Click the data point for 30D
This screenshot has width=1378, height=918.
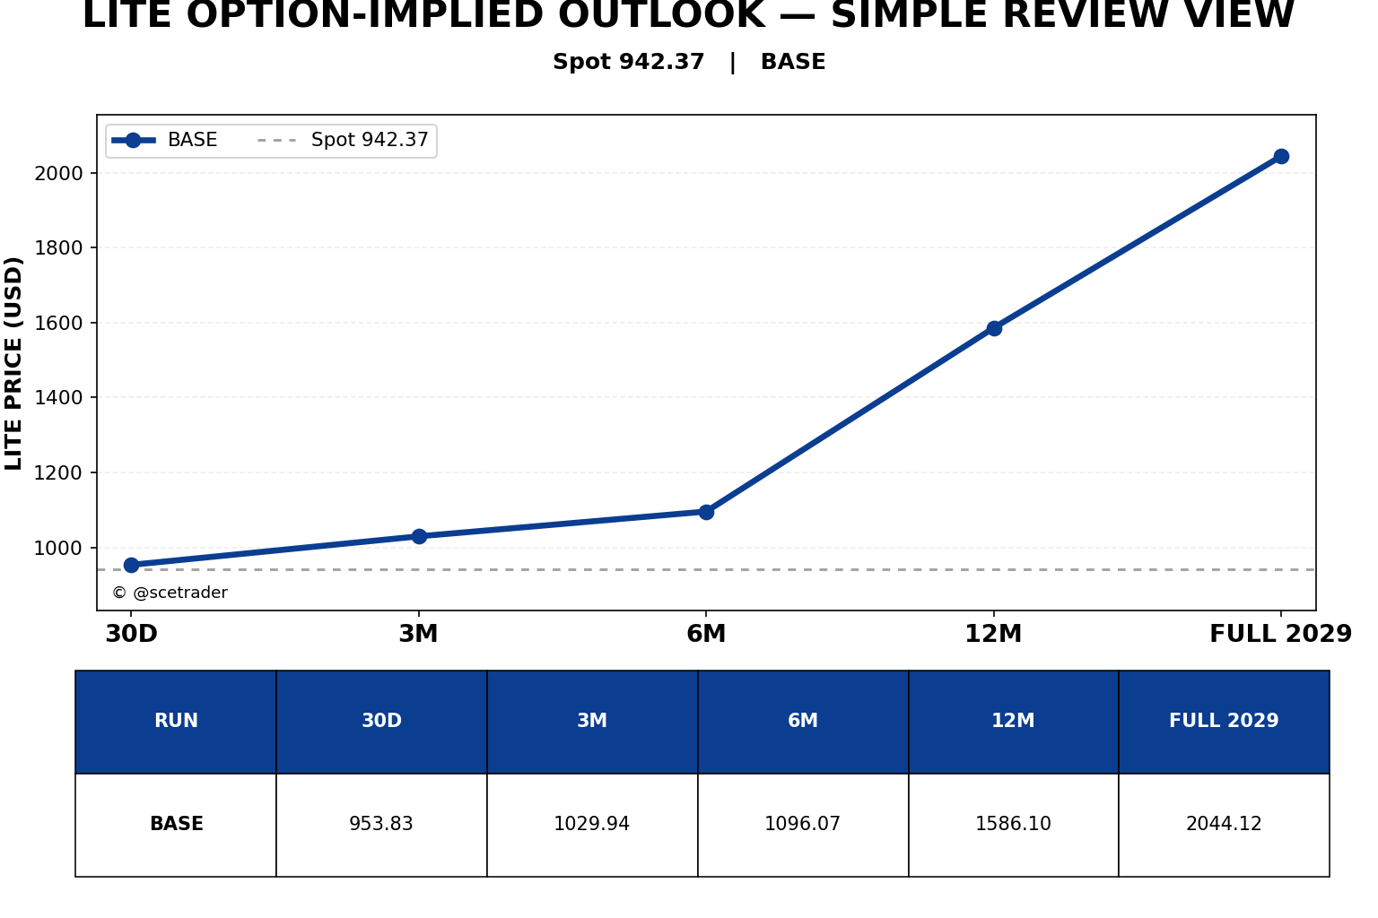131,565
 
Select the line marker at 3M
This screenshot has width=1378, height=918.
419,536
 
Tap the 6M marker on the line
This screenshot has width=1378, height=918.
706,512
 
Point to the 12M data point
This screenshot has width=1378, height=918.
994,328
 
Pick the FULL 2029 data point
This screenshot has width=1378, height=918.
1281,157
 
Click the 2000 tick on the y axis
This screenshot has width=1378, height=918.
58,174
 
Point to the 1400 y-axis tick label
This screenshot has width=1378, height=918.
58,398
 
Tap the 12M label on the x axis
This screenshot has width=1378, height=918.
993,633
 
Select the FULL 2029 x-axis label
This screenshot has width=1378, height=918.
1281,633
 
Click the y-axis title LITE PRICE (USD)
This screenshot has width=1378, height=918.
13,363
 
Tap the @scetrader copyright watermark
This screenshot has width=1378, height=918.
170,593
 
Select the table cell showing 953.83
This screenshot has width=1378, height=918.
381,824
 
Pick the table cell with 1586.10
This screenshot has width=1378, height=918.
1013,824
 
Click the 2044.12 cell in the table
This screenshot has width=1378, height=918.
1225,824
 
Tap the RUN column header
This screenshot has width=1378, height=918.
176,721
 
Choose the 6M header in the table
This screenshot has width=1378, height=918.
803,721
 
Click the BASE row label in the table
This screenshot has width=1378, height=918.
177,824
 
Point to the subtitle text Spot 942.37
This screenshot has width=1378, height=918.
628,62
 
